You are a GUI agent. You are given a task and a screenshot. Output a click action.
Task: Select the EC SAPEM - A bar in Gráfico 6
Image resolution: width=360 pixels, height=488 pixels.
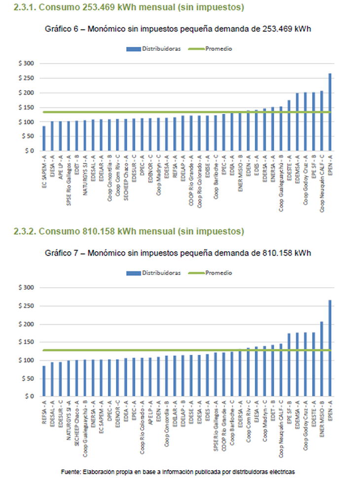tap(44, 139)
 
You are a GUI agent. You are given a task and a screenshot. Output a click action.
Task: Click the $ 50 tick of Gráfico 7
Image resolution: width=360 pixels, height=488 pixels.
tap(28, 378)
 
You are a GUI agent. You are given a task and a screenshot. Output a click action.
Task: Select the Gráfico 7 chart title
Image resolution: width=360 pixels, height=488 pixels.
tap(178, 253)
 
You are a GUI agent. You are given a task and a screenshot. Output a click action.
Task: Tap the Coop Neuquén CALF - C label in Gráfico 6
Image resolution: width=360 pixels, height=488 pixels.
tap(322, 183)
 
